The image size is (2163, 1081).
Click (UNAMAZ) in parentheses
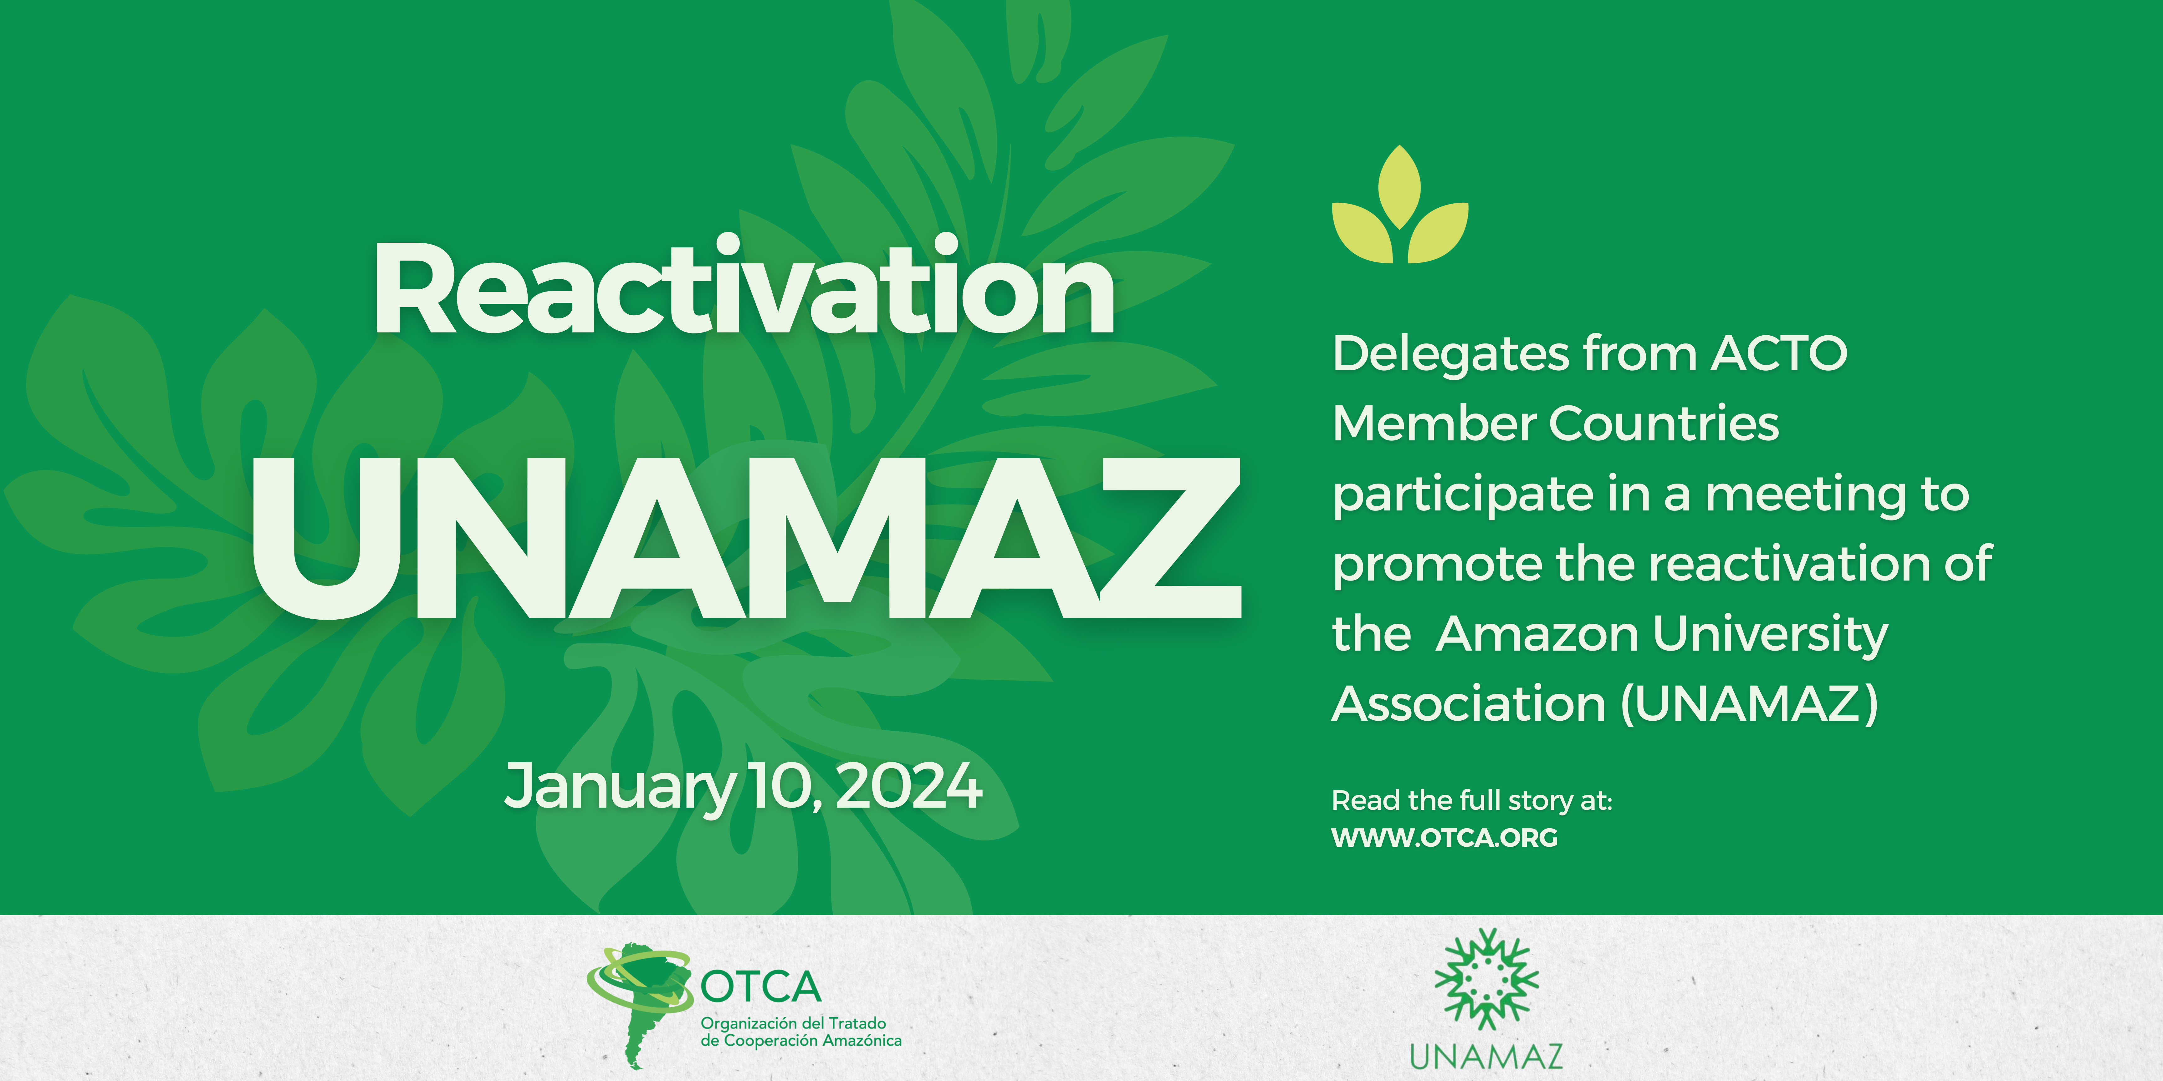[x=1749, y=704]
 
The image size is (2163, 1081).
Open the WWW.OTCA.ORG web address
[x=1444, y=838]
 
